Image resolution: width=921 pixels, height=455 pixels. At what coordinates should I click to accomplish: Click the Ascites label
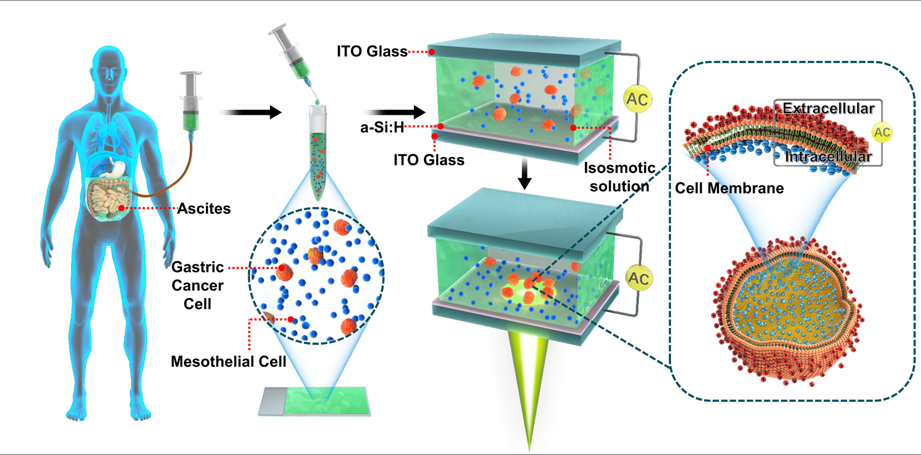[204, 209]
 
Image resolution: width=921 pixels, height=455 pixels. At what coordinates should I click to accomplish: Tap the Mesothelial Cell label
[228, 361]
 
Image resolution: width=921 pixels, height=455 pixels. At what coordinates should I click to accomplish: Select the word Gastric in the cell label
[198, 267]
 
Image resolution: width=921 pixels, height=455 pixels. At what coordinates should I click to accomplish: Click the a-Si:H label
[382, 128]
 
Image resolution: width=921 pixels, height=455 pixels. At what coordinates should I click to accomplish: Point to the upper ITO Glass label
[372, 51]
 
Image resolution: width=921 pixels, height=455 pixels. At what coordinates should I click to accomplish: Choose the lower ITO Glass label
[429, 160]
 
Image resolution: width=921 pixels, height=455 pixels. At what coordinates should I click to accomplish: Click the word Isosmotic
[619, 168]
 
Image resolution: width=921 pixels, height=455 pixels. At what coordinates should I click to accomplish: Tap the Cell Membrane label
[729, 188]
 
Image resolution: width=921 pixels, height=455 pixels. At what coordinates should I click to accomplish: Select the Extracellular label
[828, 108]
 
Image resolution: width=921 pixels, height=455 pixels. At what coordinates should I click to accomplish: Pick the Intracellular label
[828, 156]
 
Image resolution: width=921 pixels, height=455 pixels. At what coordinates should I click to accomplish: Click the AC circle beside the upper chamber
[637, 99]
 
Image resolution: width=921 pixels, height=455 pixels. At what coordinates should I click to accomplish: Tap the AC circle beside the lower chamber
[639, 278]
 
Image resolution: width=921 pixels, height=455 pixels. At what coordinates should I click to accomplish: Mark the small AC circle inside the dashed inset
[882, 132]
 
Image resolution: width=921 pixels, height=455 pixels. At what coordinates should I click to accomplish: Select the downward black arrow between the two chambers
[525, 174]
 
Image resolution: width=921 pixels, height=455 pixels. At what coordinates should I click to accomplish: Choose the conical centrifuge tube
[318, 154]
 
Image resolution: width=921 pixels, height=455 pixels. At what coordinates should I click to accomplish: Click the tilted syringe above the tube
[291, 53]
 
